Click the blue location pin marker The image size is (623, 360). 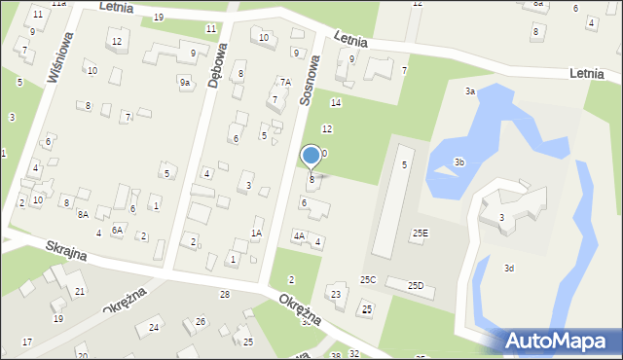click(x=311, y=156)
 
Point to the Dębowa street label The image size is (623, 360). click(x=216, y=66)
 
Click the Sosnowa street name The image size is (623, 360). click(x=310, y=80)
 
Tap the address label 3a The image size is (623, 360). click(x=469, y=90)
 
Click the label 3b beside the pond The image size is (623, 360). click(x=459, y=162)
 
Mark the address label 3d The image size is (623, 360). click(x=508, y=268)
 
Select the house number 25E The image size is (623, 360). click(x=420, y=233)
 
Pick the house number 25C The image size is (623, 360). click(x=368, y=279)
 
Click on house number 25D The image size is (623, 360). click(x=416, y=285)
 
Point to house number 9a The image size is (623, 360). click(x=184, y=83)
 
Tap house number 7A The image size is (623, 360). click(x=285, y=83)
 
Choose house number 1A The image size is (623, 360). click(x=256, y=233)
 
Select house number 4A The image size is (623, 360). click(x=299, y=235)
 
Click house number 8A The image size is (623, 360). click(x=83, y=214)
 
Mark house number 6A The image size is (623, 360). click(x=117, y=230)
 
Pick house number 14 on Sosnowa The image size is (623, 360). click(x=336, y=102)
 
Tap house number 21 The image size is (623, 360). click(x=80, y=292)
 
